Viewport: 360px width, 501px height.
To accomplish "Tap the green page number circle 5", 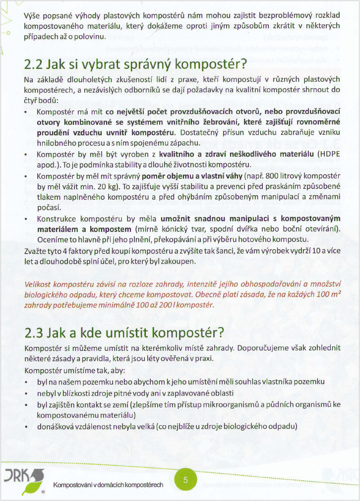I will point(185,480).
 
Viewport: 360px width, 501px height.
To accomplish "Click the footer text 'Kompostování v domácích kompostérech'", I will point(109,484).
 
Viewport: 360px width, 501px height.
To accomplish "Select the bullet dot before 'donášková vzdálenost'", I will point(26,427).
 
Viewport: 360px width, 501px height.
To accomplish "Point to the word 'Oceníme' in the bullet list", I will point(52,238).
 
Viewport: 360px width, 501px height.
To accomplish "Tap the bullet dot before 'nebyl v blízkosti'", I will point(26,393).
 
